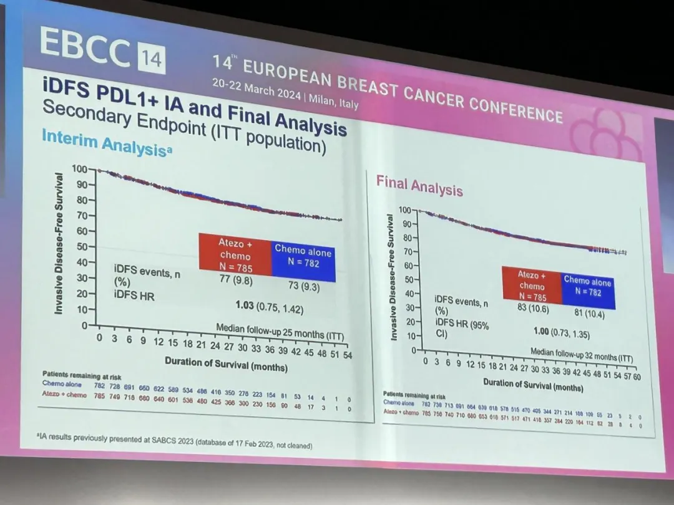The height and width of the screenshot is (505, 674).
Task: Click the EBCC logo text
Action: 85,47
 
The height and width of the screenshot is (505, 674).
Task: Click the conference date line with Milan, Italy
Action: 285,93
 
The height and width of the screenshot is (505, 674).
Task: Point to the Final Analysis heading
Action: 419,185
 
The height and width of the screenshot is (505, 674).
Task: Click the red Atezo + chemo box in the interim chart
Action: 235,252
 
